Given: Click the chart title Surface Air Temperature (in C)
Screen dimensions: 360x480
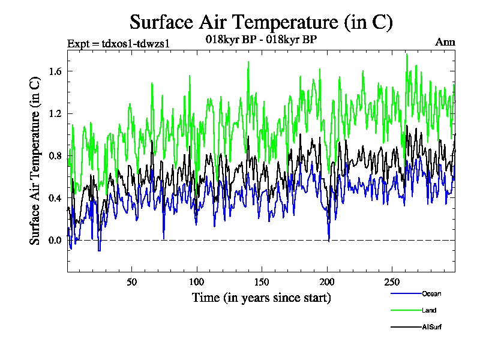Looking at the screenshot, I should (x=261, y=22).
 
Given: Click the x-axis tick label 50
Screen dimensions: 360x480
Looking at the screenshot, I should (x=132, y=282).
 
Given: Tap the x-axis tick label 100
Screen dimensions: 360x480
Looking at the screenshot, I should (x=197, y=282).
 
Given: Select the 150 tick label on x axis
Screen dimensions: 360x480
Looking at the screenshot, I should (x=262, y=282).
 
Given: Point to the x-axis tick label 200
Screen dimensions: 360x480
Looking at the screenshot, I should (x=326, y=282).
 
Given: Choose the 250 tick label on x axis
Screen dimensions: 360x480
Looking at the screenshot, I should (x=391, y=282).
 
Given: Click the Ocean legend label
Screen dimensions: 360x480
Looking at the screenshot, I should (x=430, y=293).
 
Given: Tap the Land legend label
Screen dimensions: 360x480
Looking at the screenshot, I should (x=428, y=310).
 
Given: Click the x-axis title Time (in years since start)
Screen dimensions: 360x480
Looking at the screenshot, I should (x=261, y=298).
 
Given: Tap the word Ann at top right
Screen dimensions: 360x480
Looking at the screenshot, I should (x=445, y=42).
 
